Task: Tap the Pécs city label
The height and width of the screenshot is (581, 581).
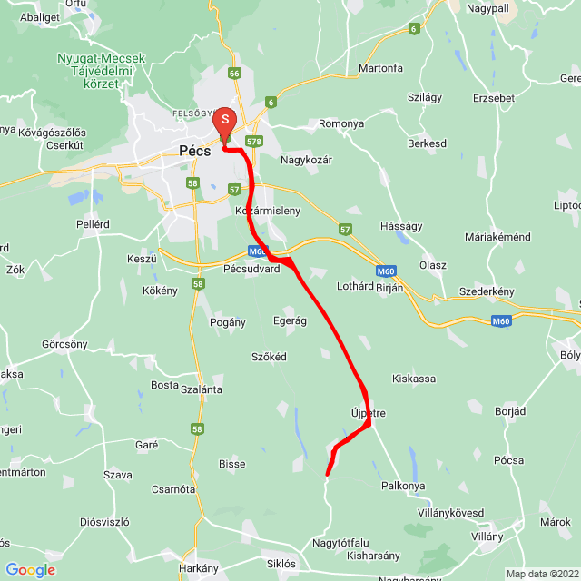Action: [195, 152]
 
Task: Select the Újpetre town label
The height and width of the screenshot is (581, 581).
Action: [369, 413]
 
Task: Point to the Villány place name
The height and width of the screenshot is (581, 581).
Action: [487, 537]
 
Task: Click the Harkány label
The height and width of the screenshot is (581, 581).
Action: [199, 567]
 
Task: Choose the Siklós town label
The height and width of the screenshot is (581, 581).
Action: [281, 563]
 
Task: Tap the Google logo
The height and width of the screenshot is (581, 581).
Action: [30, 570]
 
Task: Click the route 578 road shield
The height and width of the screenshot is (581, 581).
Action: [254, 142]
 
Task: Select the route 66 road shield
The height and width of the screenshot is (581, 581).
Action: [234, 74]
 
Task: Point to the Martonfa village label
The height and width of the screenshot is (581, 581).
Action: [380, 68]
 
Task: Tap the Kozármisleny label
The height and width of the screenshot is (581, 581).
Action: [267, 211]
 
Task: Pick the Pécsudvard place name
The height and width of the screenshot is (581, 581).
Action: [251, 269]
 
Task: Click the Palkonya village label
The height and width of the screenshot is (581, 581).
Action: [403, 486]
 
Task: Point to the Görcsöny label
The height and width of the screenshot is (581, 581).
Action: [64, 345]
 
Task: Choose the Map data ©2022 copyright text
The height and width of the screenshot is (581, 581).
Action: [541, 574]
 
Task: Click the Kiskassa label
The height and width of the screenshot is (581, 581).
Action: [414, 378]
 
